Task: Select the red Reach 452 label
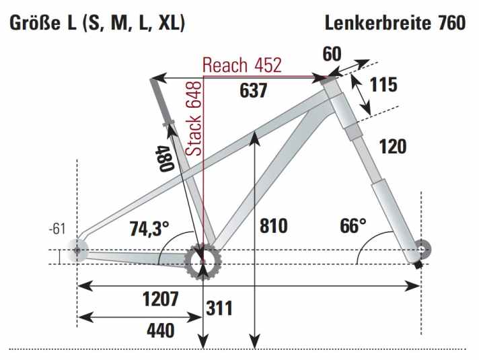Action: tap(242, 65)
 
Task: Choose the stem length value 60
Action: tap(331, 53)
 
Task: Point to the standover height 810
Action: tap(273, 225)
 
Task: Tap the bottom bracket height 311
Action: tap(219, 308)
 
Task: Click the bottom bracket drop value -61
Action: tap(57, 229)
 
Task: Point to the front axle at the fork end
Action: tap(422, 250)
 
